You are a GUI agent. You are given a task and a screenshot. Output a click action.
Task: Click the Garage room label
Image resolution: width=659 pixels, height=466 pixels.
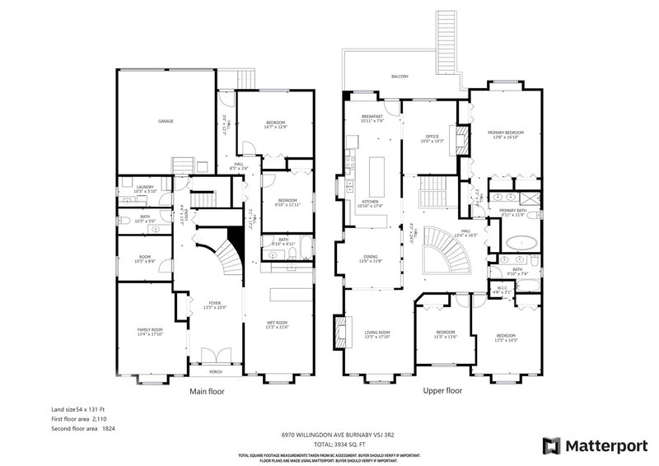[x=166, y=121]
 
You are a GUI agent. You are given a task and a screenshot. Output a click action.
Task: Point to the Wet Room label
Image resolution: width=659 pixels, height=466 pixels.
[x=277, y=322]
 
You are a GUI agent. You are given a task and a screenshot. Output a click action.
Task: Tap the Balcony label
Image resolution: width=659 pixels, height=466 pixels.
[x=400, y=77]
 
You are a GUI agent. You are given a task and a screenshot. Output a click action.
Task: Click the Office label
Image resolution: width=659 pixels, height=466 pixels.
[x=432, y=137]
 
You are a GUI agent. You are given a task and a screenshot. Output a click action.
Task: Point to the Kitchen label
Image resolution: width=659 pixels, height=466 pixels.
[x=370, y=203]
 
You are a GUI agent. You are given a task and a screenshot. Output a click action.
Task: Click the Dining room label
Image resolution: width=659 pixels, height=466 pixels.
[x=370, y=258]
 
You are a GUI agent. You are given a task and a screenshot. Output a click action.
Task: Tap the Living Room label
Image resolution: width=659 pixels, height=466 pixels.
[x=377, y=333]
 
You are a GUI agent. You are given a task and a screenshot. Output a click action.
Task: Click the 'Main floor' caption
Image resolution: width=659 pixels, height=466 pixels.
[x=208, y=392]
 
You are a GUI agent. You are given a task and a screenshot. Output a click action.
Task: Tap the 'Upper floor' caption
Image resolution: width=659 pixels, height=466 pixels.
[x=442, y=392]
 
